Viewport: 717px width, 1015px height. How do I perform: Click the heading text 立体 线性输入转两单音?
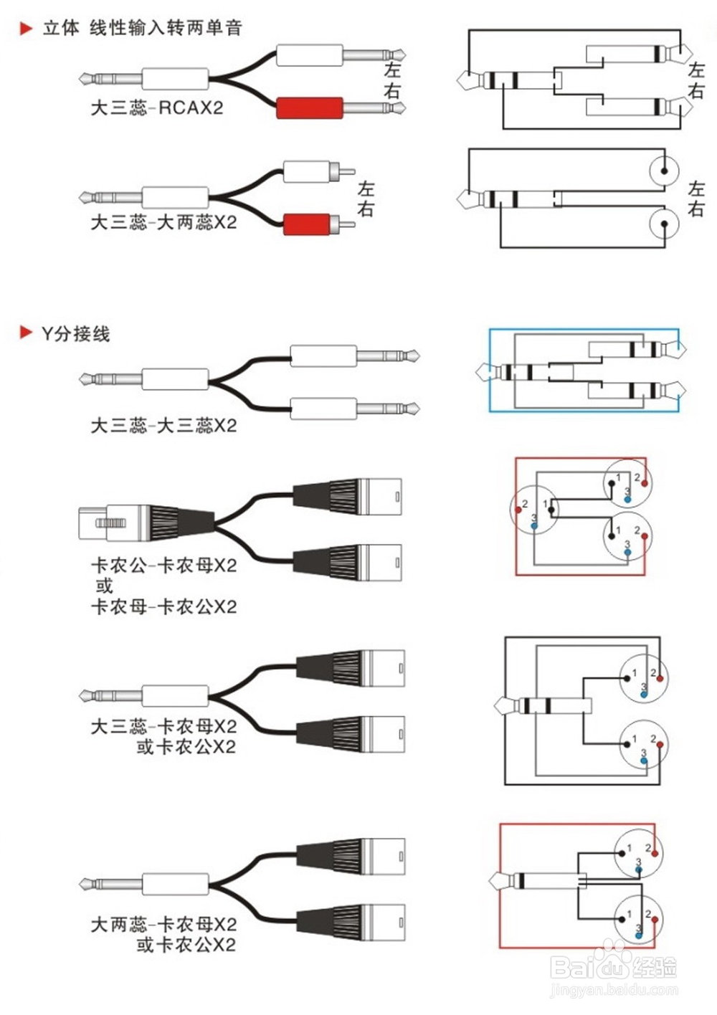pos(142,28)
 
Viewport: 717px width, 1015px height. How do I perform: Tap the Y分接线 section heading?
pos(75,333)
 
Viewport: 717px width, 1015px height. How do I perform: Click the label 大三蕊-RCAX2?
pos(156,108)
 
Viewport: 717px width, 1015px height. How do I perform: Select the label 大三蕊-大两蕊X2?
pos(163,222)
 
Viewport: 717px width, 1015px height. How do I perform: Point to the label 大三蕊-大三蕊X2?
pos(163,426)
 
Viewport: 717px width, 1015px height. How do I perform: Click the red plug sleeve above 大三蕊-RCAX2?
pos(310,108)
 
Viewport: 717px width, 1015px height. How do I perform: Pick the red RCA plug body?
pos(307,224)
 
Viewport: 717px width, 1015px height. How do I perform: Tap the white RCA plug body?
pos(307,172)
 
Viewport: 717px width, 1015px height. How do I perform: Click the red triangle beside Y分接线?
pos(26,333)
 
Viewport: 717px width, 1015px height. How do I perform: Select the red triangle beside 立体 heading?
pos(26,29)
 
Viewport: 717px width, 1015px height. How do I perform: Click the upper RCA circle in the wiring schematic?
pos(664,171)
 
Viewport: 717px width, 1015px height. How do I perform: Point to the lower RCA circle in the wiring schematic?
pos(664,224)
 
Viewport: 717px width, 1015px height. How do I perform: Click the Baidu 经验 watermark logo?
pos(613,967)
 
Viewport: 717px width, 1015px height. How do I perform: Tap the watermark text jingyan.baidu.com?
pos(613,991)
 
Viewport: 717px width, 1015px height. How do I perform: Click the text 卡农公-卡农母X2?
pos(163,566)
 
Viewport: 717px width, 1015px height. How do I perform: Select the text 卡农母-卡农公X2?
pos(163,607)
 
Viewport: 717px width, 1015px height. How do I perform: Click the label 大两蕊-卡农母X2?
pos(163,925)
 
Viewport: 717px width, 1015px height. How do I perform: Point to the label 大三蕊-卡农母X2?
pos(163,727)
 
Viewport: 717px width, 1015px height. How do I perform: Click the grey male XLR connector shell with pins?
pos(108,523)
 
